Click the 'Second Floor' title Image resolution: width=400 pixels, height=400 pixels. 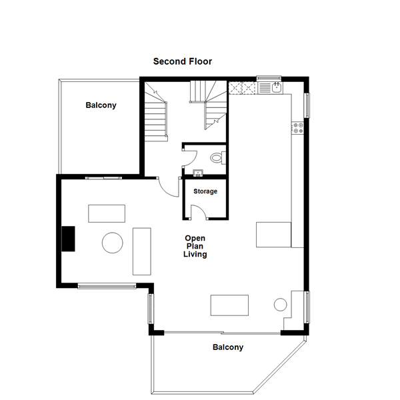(x=183, y=61)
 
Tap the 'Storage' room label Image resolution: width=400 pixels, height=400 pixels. (x=205, y=191)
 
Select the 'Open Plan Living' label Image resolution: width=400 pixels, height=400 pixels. (x=195, y=246)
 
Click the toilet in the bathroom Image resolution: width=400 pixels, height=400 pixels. (x=218, y=158)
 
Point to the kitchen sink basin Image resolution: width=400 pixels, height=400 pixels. (x=277, y=87)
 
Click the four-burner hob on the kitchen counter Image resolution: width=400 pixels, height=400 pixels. (x=298, y=128)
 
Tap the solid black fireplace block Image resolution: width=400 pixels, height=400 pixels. (x=69, y=239)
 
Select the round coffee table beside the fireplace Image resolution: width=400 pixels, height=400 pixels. (x=113, y=243)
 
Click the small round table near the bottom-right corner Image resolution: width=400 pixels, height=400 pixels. (x=281, y=305)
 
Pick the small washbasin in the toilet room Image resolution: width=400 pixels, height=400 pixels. (x=198, y=173)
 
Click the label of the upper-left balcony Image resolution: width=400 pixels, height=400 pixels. (x=101, y=105)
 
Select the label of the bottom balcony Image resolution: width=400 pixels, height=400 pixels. (x=228, y=347)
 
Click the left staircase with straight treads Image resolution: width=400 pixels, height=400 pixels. (x=156, y=112)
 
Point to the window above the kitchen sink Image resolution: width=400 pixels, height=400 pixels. (x=269, y=78)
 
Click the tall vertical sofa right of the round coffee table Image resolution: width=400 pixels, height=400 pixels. (x=142, y=251)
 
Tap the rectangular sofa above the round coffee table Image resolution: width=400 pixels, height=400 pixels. (x=107, y=213)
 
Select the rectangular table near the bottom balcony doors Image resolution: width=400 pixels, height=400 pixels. (x=229, y=305)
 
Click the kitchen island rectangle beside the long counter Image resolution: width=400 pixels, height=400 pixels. (x=273, y=235)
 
